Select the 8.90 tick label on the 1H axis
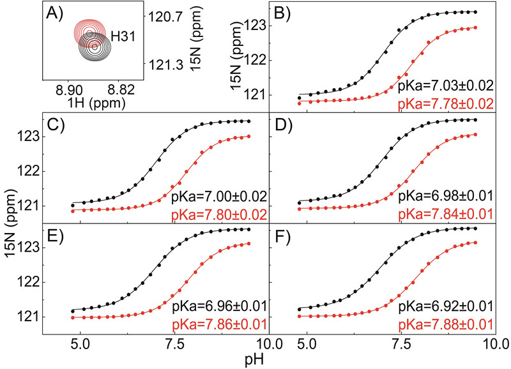(x=67, y=88)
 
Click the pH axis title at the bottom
(x=256, y=359)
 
